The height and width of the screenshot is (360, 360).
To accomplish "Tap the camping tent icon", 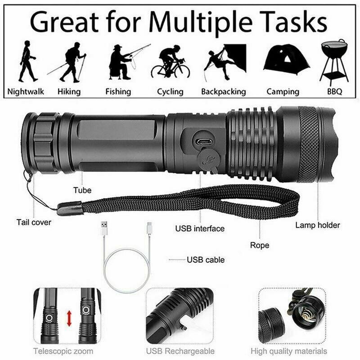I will pos(286,61).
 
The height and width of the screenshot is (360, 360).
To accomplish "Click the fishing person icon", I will pos(124,60).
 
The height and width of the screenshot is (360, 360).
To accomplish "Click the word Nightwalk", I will pos(26,92).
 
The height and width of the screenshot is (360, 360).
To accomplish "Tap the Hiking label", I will pos(69,92).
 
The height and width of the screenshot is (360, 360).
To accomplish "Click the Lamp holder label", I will pos(318,225).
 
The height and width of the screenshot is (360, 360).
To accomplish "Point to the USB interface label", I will pos(199,229).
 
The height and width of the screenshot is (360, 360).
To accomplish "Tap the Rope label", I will pos(260,245).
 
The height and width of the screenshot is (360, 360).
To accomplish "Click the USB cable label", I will pos(206,260).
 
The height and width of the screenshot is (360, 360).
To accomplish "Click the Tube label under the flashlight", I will pos(82,190).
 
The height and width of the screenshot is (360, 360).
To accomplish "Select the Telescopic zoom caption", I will pos(63,351).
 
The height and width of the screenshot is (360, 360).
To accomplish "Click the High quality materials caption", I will pos(289,351).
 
